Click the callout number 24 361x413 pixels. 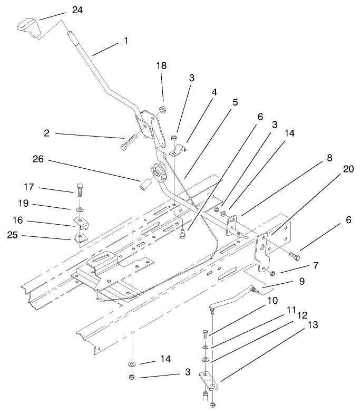pyautogui.click(x=77, y=10)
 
